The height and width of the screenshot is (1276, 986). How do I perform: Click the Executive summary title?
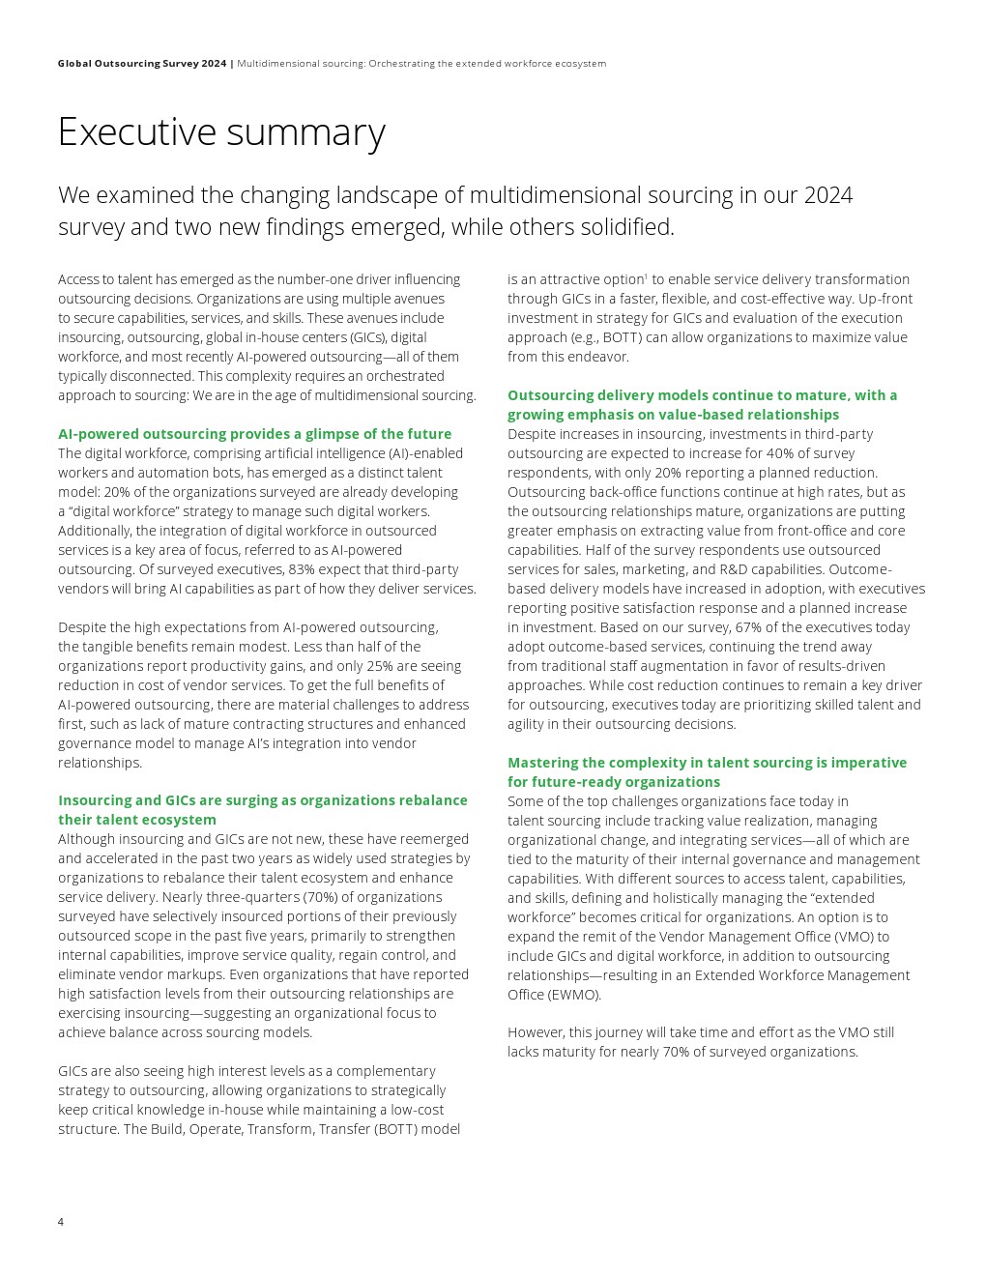221,132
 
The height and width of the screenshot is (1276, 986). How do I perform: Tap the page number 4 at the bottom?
61,1222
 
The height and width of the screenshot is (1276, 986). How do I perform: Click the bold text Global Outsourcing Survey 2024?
142,64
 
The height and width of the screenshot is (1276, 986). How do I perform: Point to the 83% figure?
304,569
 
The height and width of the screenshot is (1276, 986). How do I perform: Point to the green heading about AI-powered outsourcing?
254,434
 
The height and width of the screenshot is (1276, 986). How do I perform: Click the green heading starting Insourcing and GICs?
262,810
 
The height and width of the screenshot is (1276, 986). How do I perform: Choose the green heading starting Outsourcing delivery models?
702,405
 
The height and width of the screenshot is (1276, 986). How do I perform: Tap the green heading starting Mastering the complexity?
707,772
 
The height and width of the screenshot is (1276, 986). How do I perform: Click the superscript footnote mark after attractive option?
646,276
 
